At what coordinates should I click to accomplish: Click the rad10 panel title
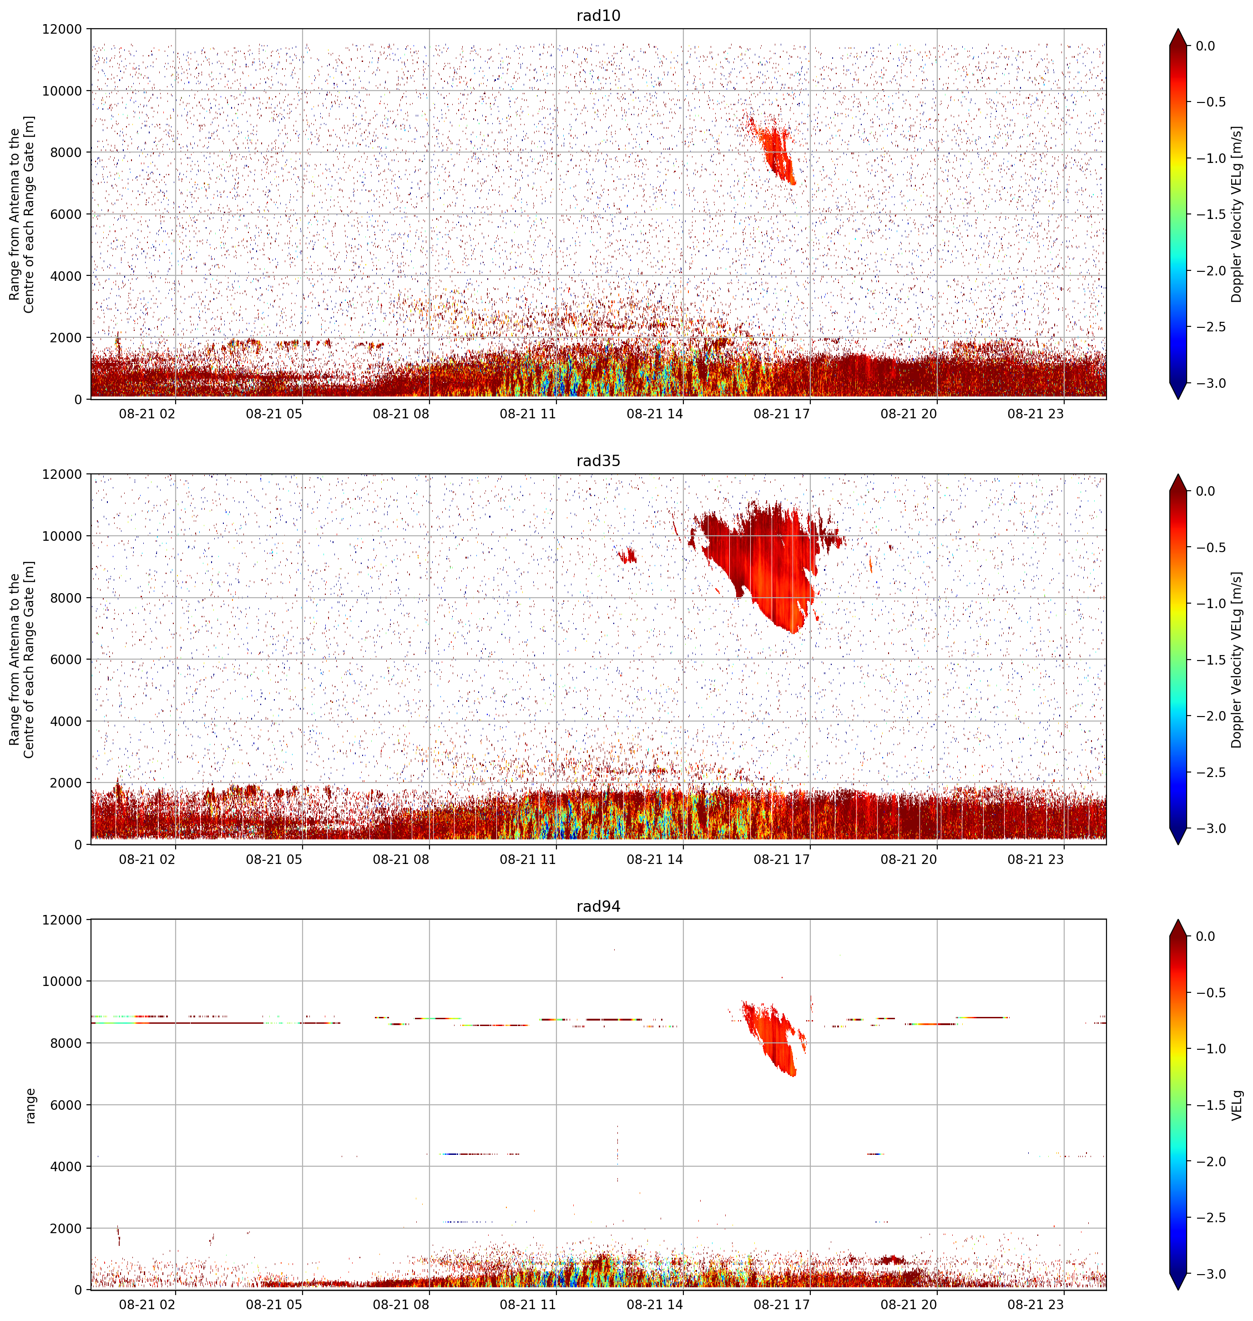(x=598, y=15)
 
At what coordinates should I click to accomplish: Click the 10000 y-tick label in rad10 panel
(x=62, y=91)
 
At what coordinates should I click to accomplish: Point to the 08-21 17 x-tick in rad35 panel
(x=782, y=859)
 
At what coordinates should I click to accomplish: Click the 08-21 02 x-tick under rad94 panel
(x=147, y=1305)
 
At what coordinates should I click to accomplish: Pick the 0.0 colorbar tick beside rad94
(x=1215, y=936)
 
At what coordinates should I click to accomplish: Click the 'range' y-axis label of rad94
(x=31, y=1106)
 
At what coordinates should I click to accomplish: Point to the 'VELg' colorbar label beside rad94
(x=1237, y=1105)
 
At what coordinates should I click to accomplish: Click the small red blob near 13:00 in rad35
(x=627, y=555)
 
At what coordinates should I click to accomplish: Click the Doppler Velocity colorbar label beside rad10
(x=1237, y=214)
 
